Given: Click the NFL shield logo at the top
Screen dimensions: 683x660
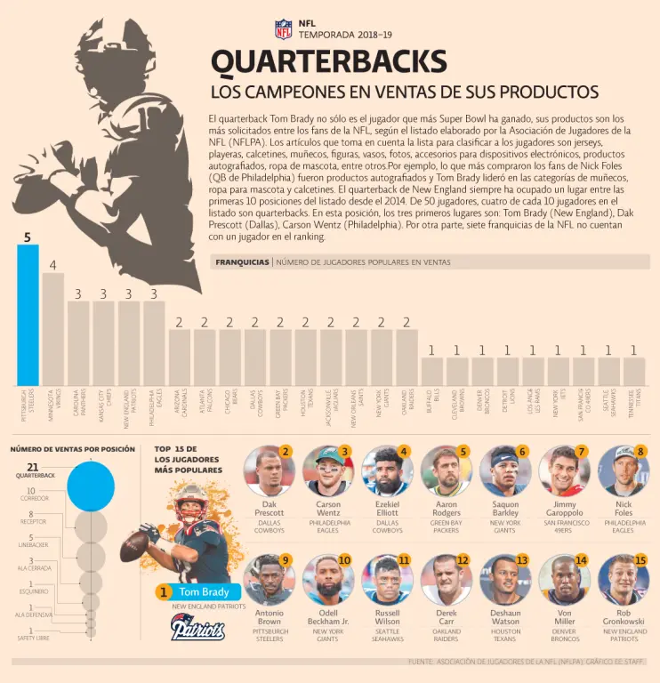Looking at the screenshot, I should point(283,28).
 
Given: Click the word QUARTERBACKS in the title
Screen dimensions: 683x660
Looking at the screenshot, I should point(328,62).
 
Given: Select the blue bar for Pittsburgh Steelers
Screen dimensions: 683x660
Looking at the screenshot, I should point(28,315).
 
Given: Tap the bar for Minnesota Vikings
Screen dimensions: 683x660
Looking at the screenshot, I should point(53,328).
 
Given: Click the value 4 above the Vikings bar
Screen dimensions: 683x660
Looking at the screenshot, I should point(53,265).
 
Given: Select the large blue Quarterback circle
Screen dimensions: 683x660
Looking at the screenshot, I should point(90,486).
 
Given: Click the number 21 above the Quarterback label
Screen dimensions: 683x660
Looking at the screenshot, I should point(33,467).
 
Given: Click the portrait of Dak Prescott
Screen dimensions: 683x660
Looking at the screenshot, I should point(269,471).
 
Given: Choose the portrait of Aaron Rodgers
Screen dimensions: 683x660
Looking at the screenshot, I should point(446,471).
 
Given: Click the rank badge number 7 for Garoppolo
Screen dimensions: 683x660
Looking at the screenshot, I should point(581,452).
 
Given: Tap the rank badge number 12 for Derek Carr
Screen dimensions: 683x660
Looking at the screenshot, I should point(463,560).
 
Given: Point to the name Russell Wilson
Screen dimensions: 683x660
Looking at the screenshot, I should point(387,618).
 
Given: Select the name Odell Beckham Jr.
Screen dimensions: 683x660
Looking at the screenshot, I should point(327,618).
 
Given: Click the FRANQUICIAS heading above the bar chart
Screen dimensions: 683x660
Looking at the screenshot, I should point(242,262).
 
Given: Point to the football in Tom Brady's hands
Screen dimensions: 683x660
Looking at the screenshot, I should point(134,545).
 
